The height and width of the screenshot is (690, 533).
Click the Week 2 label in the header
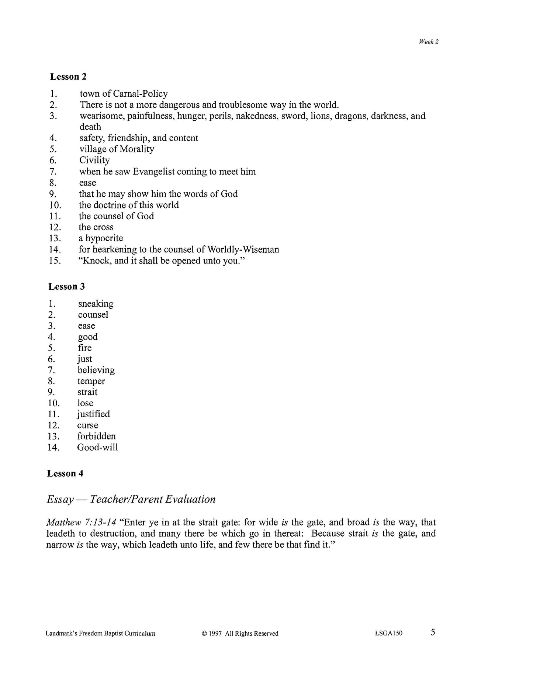click(428, 42)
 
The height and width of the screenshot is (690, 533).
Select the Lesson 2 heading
click(68, 77)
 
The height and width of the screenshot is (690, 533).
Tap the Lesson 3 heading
click(67, 287)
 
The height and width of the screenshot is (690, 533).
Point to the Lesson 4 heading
click(65, 473)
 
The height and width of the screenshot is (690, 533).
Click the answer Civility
click(94, 160)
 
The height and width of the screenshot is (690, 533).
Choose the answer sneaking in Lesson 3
click(96, 304)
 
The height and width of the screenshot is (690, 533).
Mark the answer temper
click(91, 381)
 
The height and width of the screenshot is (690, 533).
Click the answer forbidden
click(96, 437)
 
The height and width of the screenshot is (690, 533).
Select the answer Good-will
click(97, 448)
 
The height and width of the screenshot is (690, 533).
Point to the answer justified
click(93, 414)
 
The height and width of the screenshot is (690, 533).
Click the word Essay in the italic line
click(60, 500)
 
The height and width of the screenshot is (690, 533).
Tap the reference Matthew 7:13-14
click(81, 522)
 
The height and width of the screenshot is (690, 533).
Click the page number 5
click(433, 632)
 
